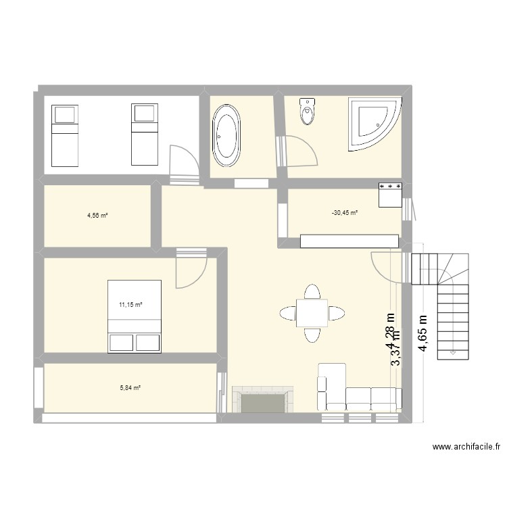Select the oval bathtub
pyautogui.click(x=226, y=135)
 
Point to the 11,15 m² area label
pyautogui.click(x=130, y=305)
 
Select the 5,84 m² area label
pyautogui.click(x=130, y=388)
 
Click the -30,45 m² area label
pyautogui.click(x=345, y=213)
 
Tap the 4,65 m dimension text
pyautogui.click(x=423, y=333)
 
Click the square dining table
pyautogui.click(x=312, y=313)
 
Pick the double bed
pyautogui.click(x=135, y=316)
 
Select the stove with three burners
pyautogui.click(x=391, y=194)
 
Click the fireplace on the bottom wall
pyautogui.click(x=263, y=400)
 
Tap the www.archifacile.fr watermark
pyautogui.click(x=468, y=447)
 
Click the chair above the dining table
pyautogui.click(x=312, y=292)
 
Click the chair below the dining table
pyautogui.click(x=312, y=335)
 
